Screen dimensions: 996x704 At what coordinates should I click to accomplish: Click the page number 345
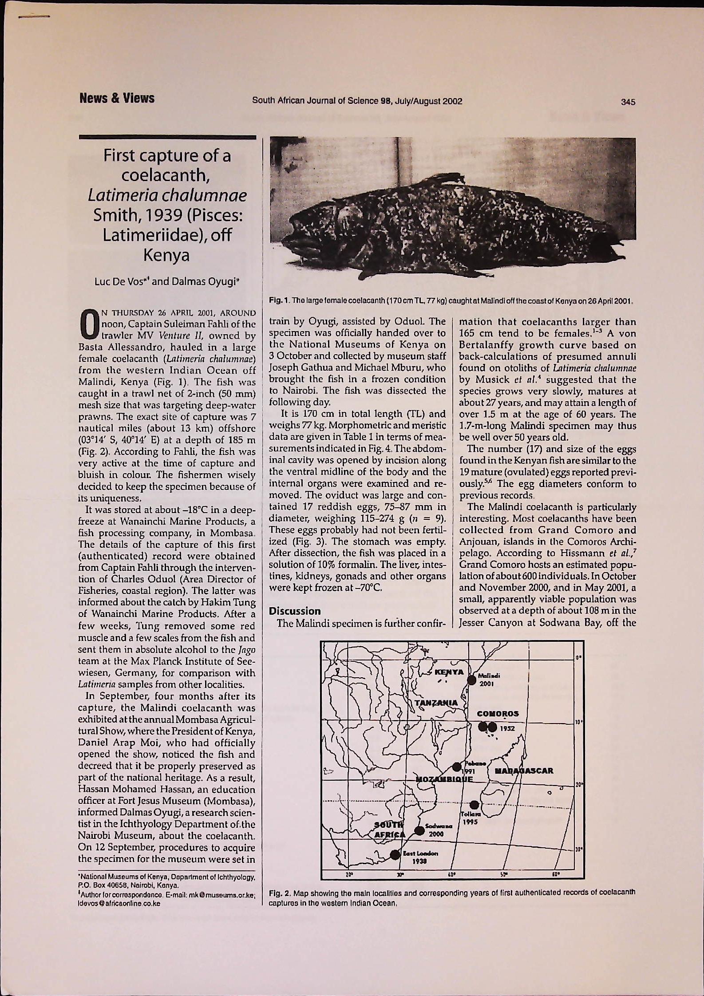pyautogui.click(x=628, y=102)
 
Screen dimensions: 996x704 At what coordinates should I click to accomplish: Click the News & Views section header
pyautogui.click(x=117, y=99)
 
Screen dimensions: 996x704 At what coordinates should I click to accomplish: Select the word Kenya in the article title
pyautogui.click(x=166, y=255)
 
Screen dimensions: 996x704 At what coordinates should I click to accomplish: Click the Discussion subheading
pyautogui.click(x=295, y=611)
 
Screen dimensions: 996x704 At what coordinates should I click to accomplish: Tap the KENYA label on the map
pyautogui.click(x=449, y=672)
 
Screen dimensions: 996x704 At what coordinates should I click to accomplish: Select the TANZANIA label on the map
pyautogui.click(x=436, y=703)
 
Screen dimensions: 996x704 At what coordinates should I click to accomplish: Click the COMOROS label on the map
pyautogui.click(x=498, y=714)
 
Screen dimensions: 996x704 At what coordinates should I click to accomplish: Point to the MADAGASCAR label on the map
pyautogui.click(x=524, y=771)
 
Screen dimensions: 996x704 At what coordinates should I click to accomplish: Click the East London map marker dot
pyautogui.click(x=395, y=853)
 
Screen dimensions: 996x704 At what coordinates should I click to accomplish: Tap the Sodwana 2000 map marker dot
pyautogui.click(x=419, y=830)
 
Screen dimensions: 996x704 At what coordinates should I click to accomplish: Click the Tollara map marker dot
pyautogui.click(x=474, y=805)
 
